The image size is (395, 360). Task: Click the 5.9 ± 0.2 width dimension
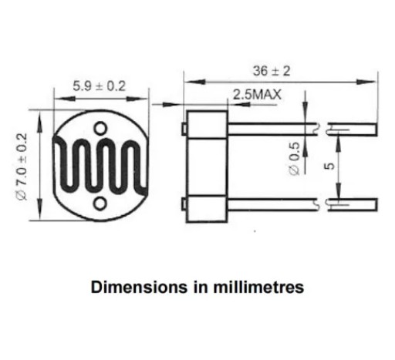point(100,86)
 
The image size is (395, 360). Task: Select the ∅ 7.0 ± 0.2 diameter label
point(22,167)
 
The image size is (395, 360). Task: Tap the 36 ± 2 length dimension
point(272,71)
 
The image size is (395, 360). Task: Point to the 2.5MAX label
point(257,95)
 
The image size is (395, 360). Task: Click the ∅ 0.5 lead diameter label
point(295,159)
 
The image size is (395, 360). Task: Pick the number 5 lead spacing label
point(329,167)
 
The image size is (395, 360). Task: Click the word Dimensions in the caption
point(139,287)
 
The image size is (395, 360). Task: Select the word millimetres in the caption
point(258,287)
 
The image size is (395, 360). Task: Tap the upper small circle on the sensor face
point(100,128)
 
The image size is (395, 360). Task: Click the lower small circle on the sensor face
point(100,204)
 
